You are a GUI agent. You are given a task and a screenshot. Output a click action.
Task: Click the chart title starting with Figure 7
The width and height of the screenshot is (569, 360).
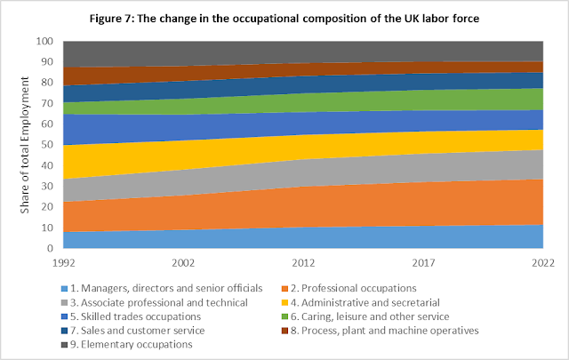[284, 20]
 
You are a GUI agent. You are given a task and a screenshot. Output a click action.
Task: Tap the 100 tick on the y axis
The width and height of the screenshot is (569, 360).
[45, 42]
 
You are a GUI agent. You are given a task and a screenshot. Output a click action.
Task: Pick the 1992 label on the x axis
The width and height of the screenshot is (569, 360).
[65, 263]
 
